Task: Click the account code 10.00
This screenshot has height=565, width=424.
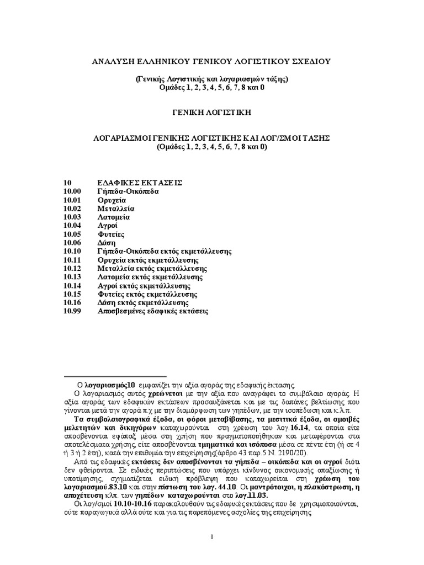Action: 72,191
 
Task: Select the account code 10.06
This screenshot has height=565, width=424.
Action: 72,243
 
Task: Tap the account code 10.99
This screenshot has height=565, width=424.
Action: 72,312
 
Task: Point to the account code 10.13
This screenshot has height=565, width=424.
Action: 72,277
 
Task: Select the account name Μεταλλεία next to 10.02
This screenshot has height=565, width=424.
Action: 116,209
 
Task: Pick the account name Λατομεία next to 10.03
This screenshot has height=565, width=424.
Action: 114,217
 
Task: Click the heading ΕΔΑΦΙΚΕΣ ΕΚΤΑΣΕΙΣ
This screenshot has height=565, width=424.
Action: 140,183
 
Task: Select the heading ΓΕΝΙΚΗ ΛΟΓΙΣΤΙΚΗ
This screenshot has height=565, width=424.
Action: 211,112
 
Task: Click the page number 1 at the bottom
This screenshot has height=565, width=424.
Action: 212,536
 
